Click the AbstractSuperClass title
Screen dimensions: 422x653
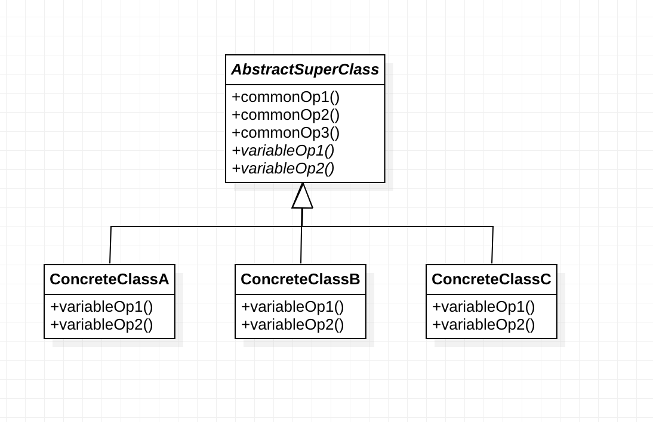coord(305,70)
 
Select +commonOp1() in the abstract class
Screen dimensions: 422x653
coord(285,97)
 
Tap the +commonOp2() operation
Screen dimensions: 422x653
coord(285,114)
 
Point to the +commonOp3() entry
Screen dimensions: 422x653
coord(285,132)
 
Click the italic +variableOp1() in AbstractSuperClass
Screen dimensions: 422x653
coord(283,150)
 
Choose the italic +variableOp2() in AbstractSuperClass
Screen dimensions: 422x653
coord(283,168)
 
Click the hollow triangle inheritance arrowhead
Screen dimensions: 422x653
coord(303,197)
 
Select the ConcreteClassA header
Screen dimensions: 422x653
coord(109,280)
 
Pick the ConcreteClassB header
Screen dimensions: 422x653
coord(300,280)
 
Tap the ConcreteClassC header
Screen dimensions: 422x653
coord(491,280)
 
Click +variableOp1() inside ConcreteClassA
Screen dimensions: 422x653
coord(101,307)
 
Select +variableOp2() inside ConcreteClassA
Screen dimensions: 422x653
coord(101,325)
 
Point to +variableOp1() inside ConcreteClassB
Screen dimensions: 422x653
coord(292,307)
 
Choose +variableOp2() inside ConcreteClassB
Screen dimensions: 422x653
coord(292,325)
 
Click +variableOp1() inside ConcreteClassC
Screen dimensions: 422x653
coord(483,307)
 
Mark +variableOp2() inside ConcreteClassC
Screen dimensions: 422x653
coord(483,325)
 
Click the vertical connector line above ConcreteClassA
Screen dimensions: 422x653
coord(110,245)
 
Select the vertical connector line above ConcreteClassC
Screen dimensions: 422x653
coord(492,245)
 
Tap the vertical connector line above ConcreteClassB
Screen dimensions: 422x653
coord(301,245)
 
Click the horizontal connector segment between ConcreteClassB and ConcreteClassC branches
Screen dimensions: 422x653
coord(397,226)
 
